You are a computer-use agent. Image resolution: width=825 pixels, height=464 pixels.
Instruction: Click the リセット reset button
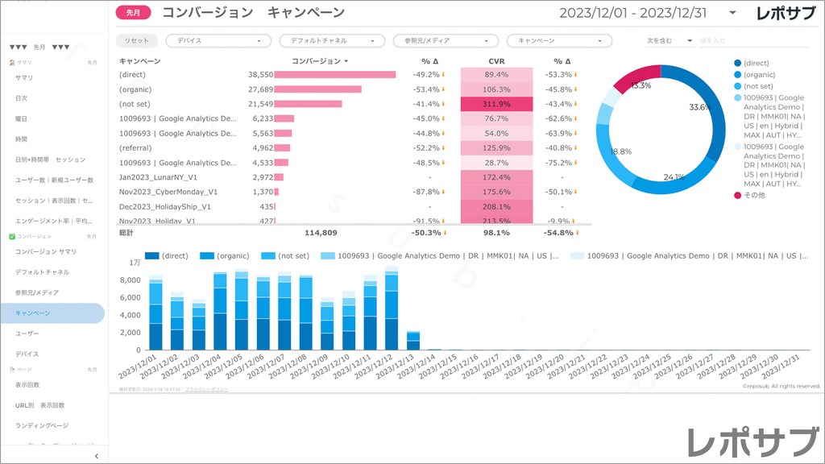pos(136,39)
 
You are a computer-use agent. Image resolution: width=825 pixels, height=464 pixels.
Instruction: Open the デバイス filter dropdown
pos(218,39)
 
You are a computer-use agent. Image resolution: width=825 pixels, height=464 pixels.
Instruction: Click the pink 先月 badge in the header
pos(133,13)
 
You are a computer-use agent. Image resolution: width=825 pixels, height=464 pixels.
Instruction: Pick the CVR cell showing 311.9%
pos(496,104)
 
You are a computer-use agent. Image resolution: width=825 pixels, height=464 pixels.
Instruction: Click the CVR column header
pos(496,61)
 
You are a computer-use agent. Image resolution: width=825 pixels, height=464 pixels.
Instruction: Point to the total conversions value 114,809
pos(321,233)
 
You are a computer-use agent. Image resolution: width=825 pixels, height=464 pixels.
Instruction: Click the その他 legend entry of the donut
pos(755,195)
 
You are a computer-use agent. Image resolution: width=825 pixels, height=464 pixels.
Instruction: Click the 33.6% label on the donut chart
pos(699,107)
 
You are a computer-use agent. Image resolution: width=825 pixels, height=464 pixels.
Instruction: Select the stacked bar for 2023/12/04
pos(219,311)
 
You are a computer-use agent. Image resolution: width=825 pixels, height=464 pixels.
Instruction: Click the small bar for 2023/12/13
pos(412,341)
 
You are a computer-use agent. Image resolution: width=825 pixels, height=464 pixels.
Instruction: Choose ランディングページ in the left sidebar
pos(41,425)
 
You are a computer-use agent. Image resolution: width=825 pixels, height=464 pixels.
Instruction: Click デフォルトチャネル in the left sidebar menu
pos(42,272)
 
